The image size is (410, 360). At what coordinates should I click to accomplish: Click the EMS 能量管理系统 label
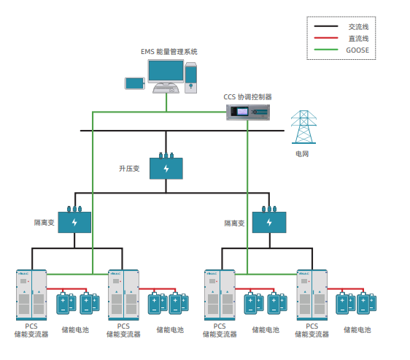tap(169, 52)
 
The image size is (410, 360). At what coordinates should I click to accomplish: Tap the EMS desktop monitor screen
tap(166, 71)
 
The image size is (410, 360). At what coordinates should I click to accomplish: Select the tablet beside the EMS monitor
tap(135, 83)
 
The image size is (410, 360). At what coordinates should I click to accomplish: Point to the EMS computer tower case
tap(190, 77)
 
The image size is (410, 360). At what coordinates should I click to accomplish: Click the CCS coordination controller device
tap(247, 112)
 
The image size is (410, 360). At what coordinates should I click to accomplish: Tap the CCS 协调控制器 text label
tap(247, 97)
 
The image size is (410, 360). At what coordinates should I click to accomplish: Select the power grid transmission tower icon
tap(303, 127)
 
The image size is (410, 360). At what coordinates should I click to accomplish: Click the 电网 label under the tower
tap(302, 154)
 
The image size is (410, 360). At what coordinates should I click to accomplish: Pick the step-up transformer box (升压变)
tap(166, 166)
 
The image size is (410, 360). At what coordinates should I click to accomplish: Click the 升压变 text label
tap(129, 169)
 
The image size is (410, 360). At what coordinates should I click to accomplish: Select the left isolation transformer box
tap(74, 220)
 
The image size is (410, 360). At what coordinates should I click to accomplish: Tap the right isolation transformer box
tap(269, 220)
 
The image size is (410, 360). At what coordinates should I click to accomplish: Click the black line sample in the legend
tap(326, 26)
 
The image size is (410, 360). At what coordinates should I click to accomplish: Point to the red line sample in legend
tap(326, 38)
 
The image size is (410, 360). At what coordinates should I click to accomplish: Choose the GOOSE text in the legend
tap(357, 50)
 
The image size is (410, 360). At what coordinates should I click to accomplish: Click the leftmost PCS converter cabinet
tap(31, 295)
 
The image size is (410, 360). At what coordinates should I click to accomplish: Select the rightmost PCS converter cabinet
tap(312, 295)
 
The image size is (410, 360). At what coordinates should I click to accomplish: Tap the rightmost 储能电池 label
tap(357, 330)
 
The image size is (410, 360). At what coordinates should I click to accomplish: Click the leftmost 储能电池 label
tap(75, 330)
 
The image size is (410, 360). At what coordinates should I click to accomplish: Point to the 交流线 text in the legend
tap(358, 27)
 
